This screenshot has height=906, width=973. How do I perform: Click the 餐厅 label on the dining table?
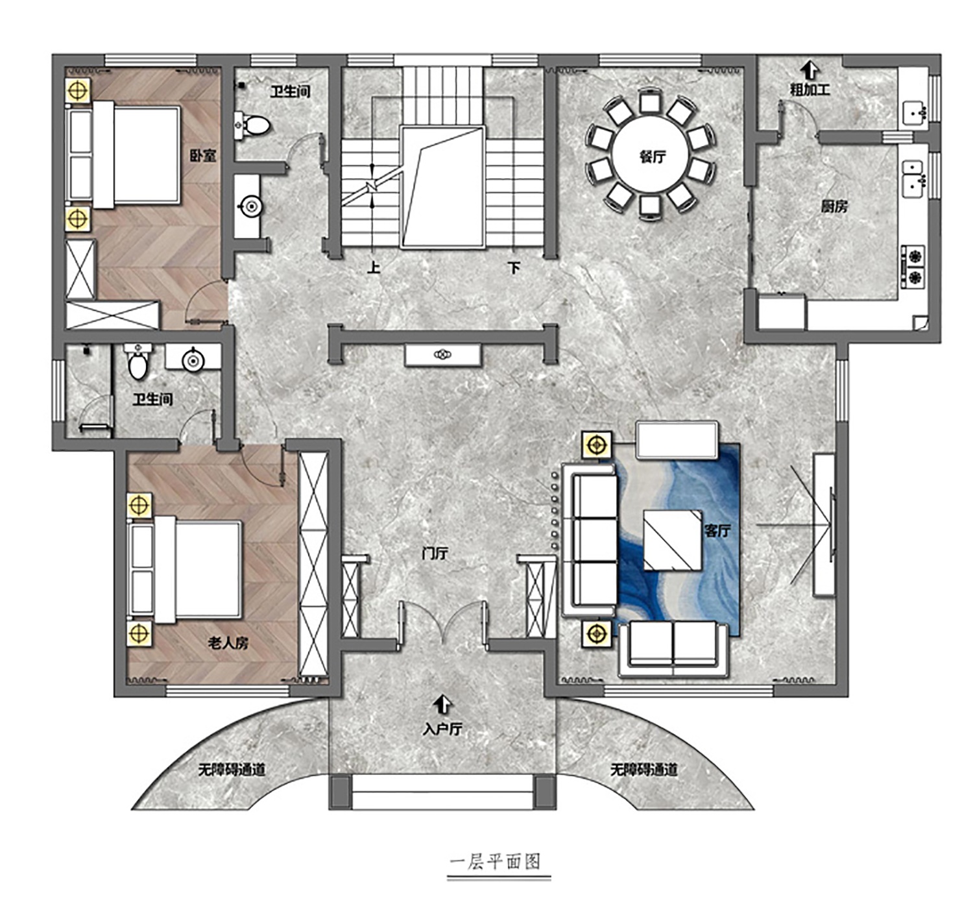pyautogui.click(x=653, y=157)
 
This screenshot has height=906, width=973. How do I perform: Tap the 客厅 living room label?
pyautogui.click(x=717, y=530)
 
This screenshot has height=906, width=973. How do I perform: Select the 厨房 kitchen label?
pyautogui.click(x=834, y=206)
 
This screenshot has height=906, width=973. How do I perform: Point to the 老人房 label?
pyautogui.click(x=228, y=643)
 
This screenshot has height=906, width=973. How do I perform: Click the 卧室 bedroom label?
pyautogui.click(x=203, y=156)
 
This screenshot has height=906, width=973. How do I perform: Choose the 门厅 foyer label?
pyautogui.click(x=435, y=554)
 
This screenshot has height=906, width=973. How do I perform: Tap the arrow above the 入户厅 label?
pyautogui.click(x=443, y=704)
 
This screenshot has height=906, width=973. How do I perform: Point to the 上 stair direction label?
pyautogui.click(x=374, y=267)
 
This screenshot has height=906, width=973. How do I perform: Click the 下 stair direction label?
pyautogui.click(x=514, y=267)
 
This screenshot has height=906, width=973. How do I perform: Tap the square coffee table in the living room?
pyautogui.click(x=672, y=540)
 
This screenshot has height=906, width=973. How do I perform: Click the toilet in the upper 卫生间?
pyautogui.click(x=255, y=125)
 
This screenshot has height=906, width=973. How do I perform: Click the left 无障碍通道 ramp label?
pyautogui.click(x=231, y=770)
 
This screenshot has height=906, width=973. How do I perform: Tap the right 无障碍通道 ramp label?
pyautogui.click(x=643, y=770)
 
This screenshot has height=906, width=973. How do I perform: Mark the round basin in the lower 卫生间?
pyautogui.click(x=193, y=361)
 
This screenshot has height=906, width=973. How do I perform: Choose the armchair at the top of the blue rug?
pyautogui.click(x=677, y=440)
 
